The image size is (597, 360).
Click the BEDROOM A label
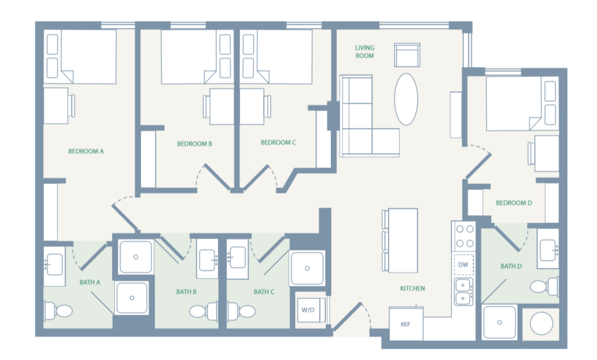pyautogui.click(x=86, y=151)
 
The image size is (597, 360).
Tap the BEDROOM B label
pyautogui.click(x=194, y=144)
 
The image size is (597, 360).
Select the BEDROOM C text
pyautogui.click(x=278, y=143)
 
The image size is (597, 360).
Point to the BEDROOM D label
pyautogui.click(x=514, y=202)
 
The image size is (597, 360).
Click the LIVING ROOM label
pyautogui.click(x=365, y=52)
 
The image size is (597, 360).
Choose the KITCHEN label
pyautogui.click(x=413, y=288)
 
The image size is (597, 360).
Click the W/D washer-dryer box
pyautogui.click(x=307, y=310)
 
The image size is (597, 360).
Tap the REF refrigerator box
pyautogui.click(x=405, y=323)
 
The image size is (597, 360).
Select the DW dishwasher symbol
pyautogui.click(x=463, y=264)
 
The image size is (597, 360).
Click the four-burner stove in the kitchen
pyautogui.click(x=463, y=236)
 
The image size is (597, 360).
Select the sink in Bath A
pyautogui.click(x=54, y=264)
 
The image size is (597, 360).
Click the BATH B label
pyautogui.click(x=186, y=292)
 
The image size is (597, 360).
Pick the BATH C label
pyautogui.click(x=264, y=292)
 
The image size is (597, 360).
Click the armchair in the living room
pyautogui.click(x=406, y=55)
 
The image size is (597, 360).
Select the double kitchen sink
pyautogui.click(x=463, y=291)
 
